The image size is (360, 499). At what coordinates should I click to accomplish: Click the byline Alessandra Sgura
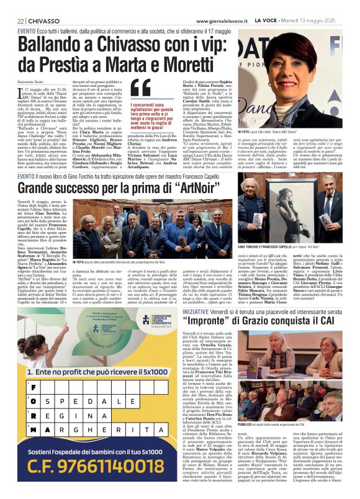coord(31,81)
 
